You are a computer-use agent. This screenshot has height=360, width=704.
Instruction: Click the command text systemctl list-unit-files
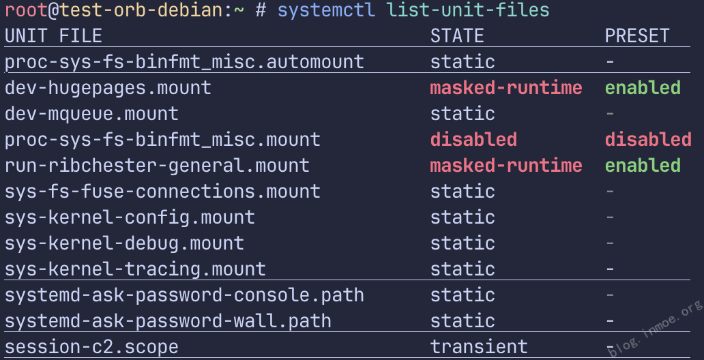(413, 10)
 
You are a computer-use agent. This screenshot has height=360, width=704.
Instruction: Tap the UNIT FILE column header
(53, 36)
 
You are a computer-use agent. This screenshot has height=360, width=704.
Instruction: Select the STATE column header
(457, 36)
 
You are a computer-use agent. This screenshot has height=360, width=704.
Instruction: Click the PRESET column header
(637, 36)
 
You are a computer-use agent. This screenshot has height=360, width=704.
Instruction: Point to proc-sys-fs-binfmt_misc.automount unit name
(184, 62)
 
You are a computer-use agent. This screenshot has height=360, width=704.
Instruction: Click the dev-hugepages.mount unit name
(108, 88)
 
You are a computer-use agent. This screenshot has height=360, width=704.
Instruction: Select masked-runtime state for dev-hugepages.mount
(506, 88)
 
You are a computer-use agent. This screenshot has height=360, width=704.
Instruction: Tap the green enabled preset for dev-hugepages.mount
(643, 88)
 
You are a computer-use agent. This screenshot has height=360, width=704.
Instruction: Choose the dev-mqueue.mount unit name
(91, 114)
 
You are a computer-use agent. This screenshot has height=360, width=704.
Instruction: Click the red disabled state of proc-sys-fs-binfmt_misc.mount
(473, 140)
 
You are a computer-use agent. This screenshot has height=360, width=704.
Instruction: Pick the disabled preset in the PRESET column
(648, 140)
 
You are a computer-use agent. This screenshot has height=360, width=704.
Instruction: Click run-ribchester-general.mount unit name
(157, 166)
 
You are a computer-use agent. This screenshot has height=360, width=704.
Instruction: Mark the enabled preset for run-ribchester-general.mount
(643, 166)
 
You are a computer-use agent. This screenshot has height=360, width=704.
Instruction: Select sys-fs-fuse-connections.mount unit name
(162, 192)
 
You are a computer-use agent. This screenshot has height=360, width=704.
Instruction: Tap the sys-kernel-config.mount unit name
(130, 217)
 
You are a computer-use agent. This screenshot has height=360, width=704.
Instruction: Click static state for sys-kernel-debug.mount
(463, 243)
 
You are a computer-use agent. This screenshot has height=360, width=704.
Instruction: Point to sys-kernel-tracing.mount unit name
(135, 269)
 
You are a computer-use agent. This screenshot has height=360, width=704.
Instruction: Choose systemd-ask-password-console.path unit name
(184, 295)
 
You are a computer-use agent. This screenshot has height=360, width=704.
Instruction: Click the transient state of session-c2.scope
(479, 347)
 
